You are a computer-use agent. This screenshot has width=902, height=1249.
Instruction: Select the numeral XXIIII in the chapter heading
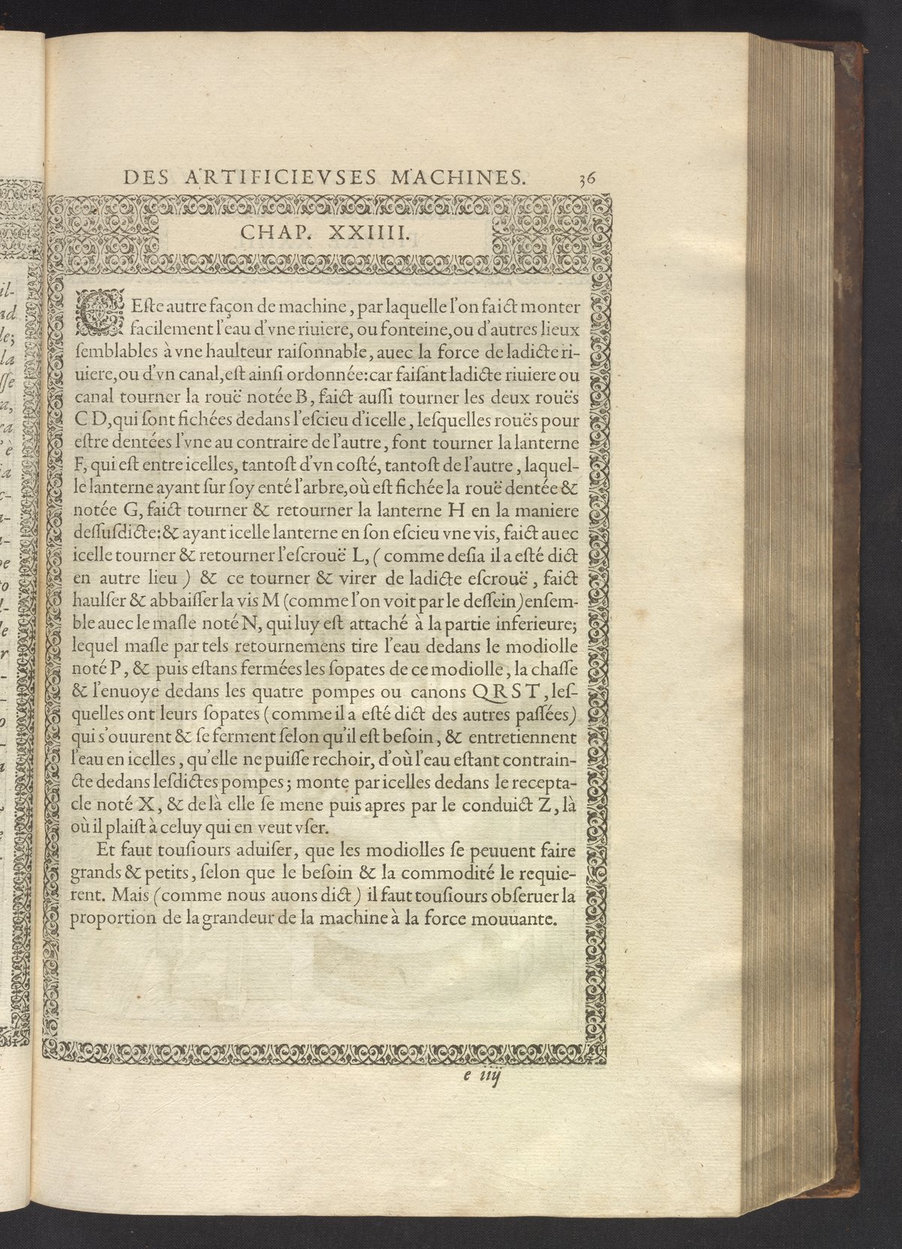[370, 235]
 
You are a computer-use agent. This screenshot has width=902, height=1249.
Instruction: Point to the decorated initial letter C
[94, 316]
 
